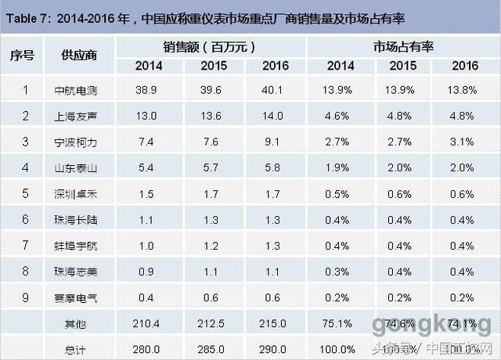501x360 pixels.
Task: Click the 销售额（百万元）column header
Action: pos(209,47)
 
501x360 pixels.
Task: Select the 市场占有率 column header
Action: pos(401,47)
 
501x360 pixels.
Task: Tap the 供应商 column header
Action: pos(77,56)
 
